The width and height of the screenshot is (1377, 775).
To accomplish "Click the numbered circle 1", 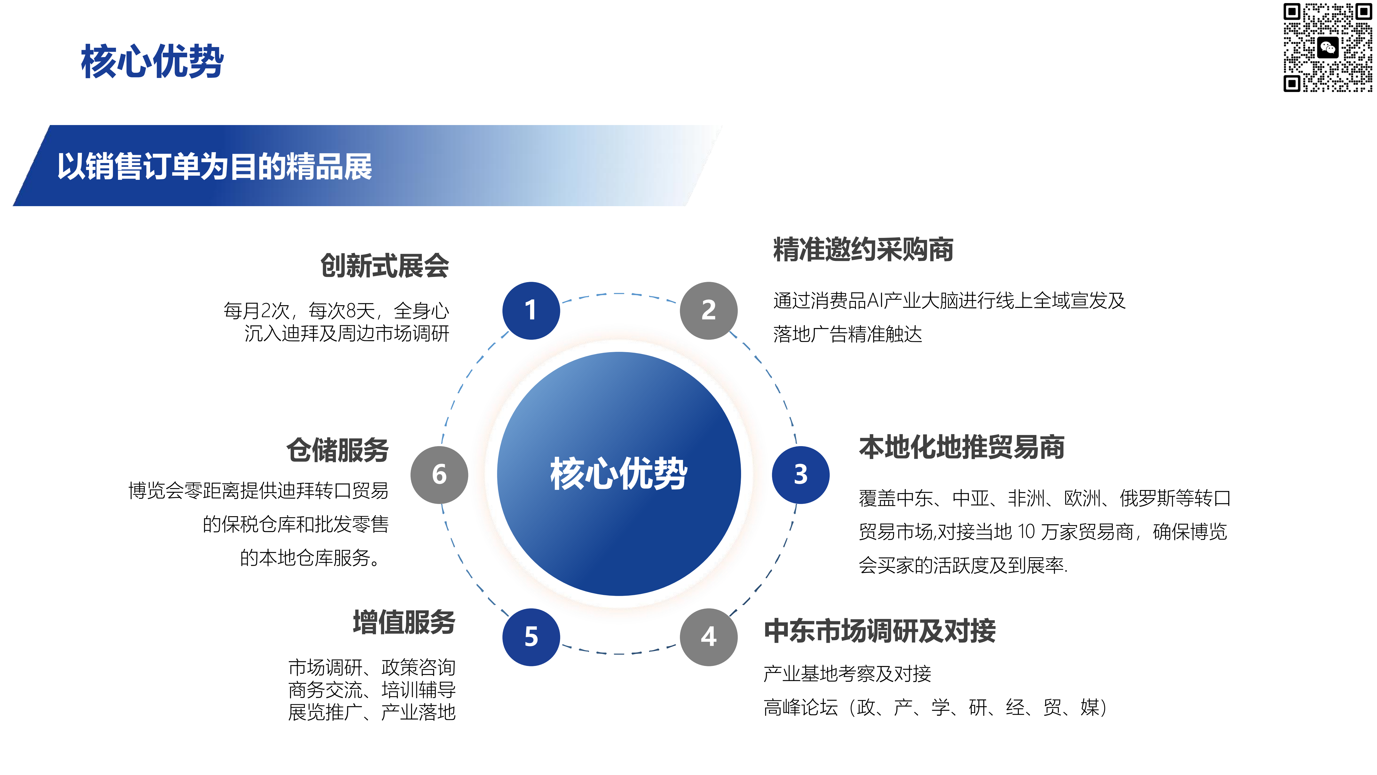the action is coord(531,310).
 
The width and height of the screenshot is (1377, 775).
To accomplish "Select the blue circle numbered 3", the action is coord(800,474).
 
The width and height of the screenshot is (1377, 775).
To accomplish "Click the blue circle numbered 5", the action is coord(531,637).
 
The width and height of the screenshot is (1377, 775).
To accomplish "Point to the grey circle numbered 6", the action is coord(439,474).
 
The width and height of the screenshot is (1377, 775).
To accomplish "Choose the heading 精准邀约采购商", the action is coord(863,249).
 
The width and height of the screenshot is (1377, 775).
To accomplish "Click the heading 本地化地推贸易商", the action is coord(962,447).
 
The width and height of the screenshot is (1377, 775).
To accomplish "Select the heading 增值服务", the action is coord(404,622).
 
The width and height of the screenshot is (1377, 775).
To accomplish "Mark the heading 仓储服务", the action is coord(337,450).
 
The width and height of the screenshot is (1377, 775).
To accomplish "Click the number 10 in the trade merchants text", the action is coord(1026,532).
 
